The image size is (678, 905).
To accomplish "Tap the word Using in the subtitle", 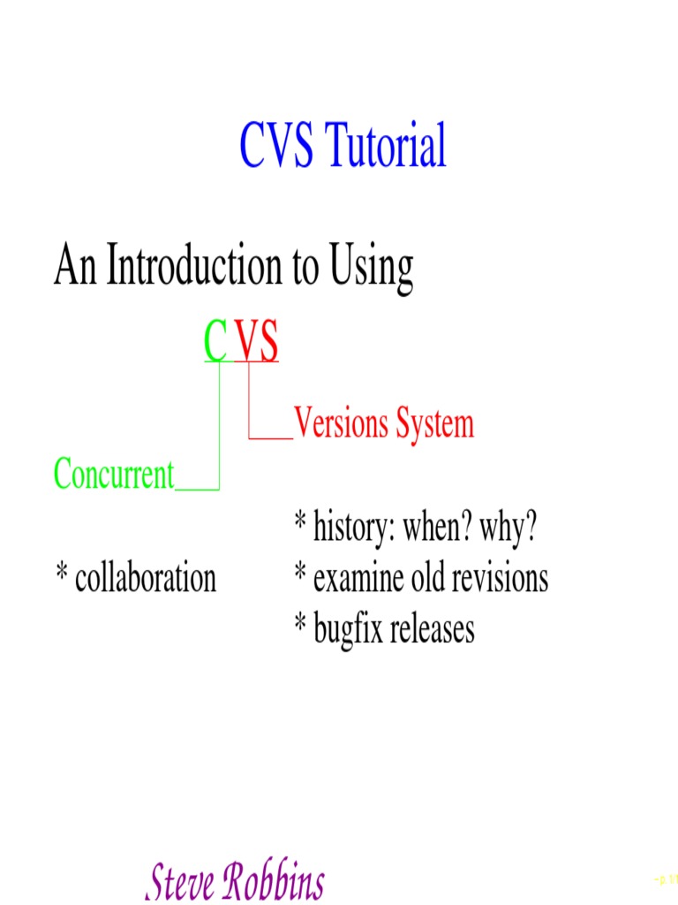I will click(x=372, y=267).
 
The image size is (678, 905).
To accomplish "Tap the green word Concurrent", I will click(x=114, y=475).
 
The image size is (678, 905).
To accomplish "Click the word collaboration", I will click(x=146, y=578).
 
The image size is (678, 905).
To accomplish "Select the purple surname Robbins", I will click(x=274, y=881).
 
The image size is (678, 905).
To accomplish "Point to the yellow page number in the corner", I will click(x=664, y=878).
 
